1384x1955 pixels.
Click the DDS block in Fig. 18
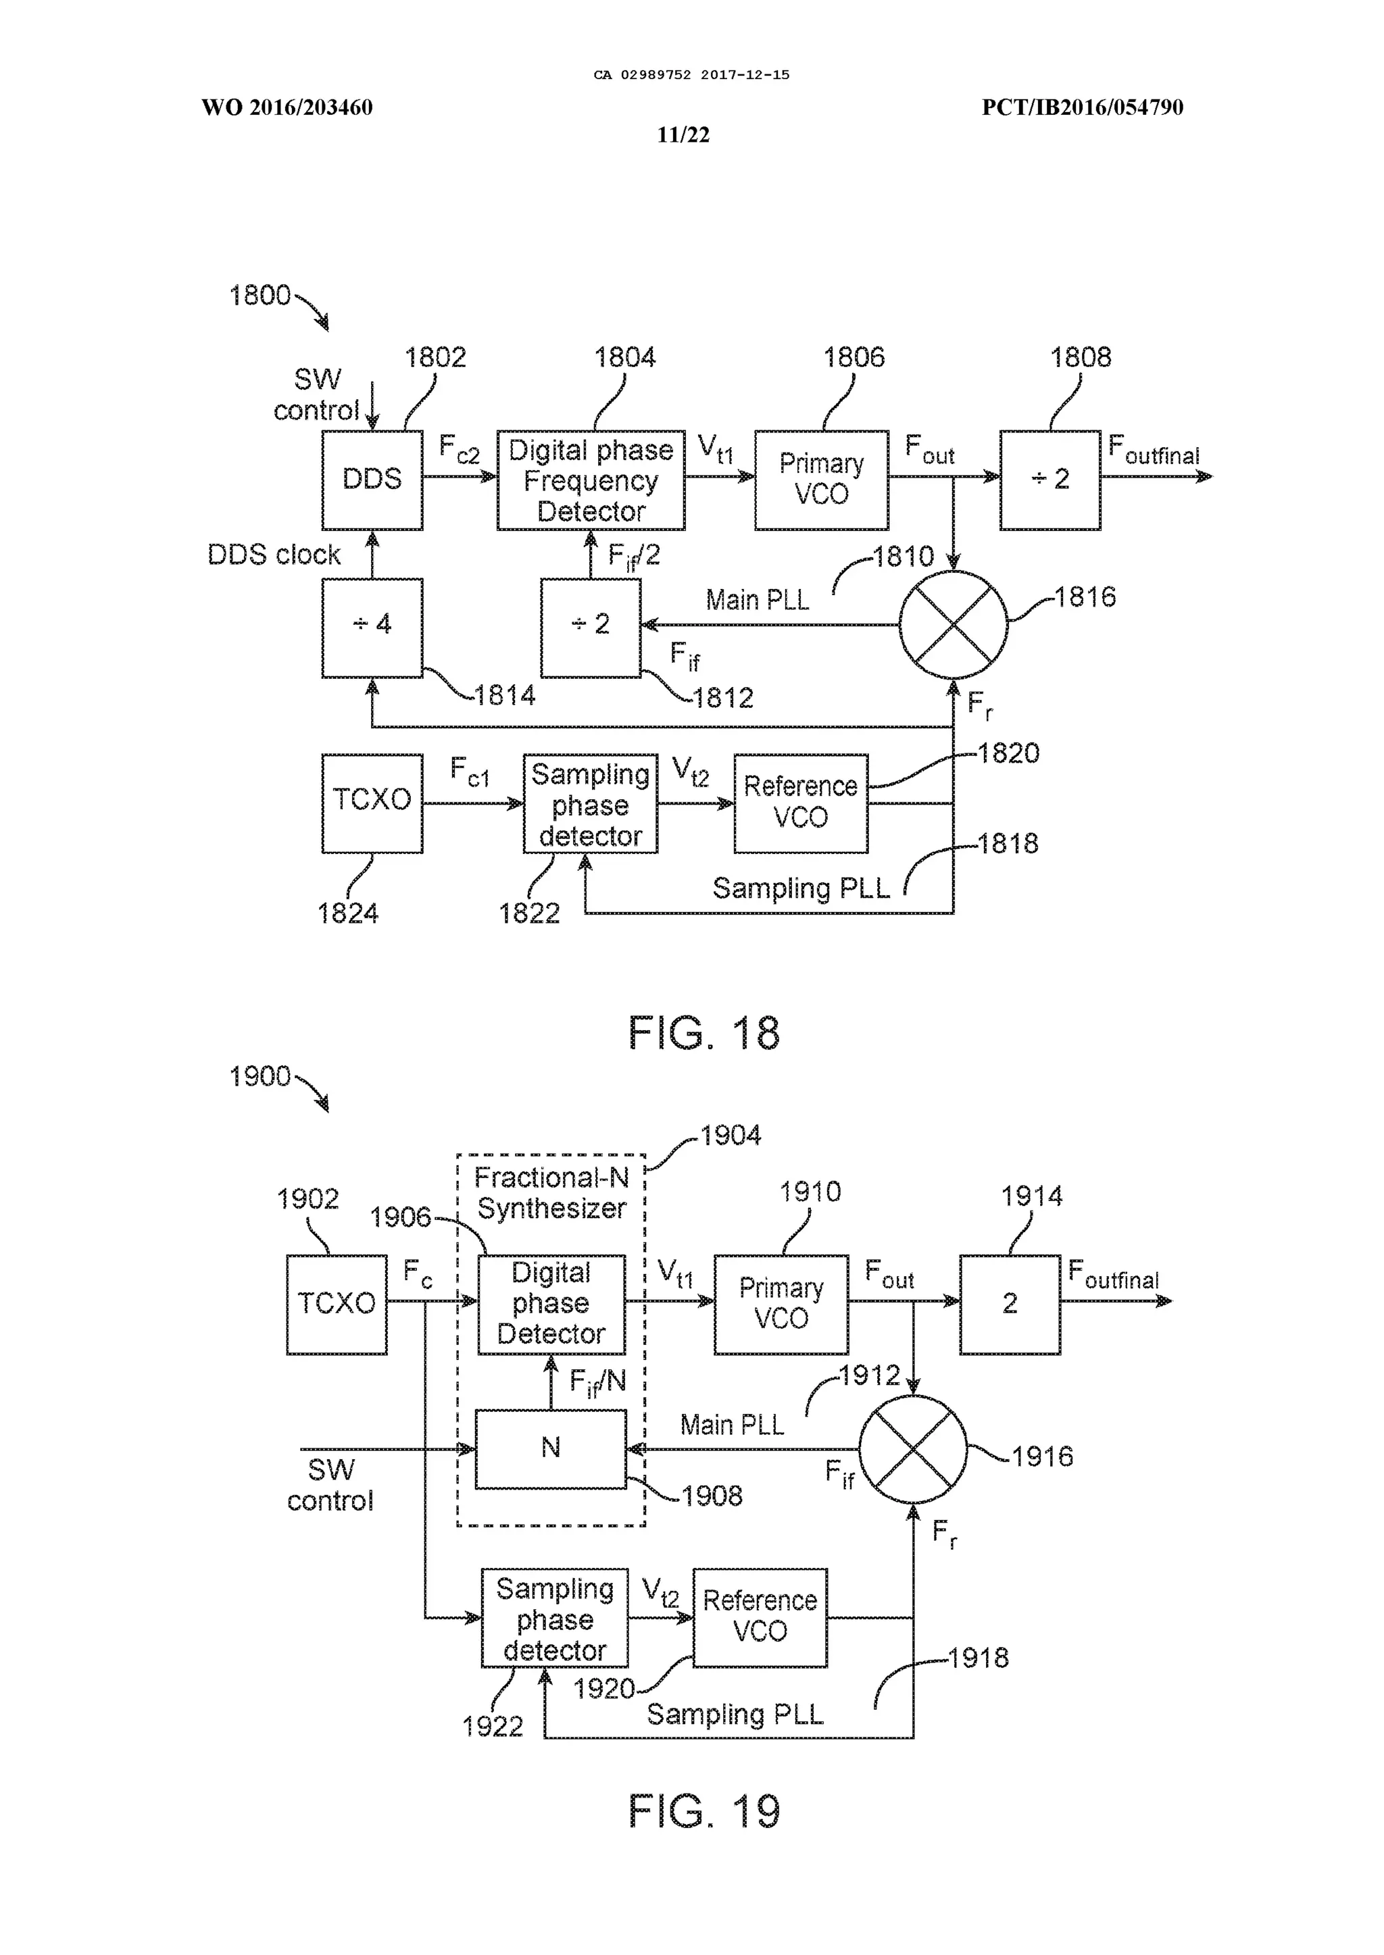tap(372, 480)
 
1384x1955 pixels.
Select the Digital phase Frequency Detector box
tap(591, 480)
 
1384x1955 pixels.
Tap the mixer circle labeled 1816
tap(954, 624)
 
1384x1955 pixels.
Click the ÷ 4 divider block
tap(372, 628)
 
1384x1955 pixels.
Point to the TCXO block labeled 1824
tap(372, 803)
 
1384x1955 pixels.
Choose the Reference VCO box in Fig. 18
tap(800, 803)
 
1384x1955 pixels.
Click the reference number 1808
tap(1080, 357)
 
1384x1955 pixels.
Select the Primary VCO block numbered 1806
tap(820, 480)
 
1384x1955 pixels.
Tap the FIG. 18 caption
tap(704, 1032)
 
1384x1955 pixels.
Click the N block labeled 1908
tap(551, 1449)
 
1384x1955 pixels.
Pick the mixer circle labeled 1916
tap(913, 1449)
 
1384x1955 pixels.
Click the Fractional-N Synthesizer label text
tap(551, 1192)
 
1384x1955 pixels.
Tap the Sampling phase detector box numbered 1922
tap(555, 1619)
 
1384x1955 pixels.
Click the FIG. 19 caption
tap(704, 1811)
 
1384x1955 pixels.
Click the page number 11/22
tap(683, 135)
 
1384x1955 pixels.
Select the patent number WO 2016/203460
tap(287, 107)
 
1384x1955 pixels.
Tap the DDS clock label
tap(274, 555)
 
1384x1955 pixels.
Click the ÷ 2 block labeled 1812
tap(591, 628)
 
